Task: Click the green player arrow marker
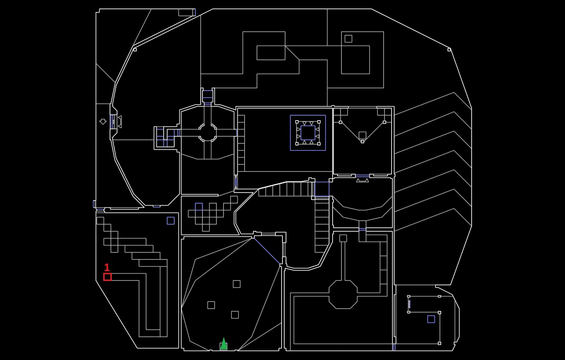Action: click(223, 344)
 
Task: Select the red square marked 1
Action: click(107, 277)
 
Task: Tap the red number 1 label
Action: click(107, 268)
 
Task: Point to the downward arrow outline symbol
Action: click(103, 121)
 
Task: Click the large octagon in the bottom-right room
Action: click(343, 294)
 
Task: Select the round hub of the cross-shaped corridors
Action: click(207, 133)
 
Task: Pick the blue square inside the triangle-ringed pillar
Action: click(308, 133)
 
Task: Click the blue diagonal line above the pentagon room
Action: click(267, 250)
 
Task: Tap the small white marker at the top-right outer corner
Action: click(449, 50)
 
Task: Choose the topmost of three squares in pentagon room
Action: click(236, 284)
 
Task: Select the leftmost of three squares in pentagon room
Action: click(211, 305)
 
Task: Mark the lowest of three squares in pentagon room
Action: click(235, 315)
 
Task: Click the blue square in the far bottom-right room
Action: click(431, 319)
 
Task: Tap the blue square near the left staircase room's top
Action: click(171, 221)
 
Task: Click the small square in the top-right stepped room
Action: click(348, 39)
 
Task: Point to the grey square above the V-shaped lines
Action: click(362, 135)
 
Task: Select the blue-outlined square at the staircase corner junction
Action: click(322, 189)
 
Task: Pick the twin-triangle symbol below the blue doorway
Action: click(363, 180)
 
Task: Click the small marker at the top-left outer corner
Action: click(135, 50)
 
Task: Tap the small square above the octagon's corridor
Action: click(343, 238)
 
